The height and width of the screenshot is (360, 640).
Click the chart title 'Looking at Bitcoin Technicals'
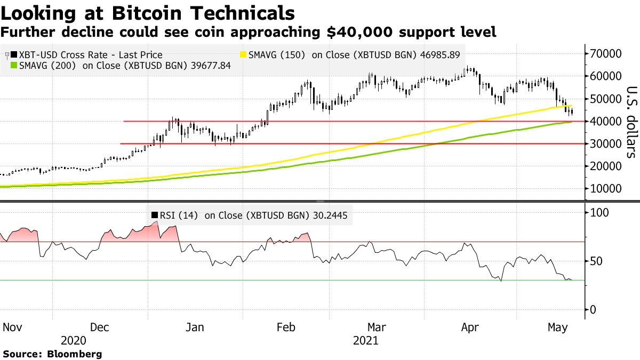148,12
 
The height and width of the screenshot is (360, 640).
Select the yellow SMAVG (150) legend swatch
244,55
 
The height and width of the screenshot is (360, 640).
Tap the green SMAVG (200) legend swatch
13,66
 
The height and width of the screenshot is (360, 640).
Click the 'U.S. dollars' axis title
631,122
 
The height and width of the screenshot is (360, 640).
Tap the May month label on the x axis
558,327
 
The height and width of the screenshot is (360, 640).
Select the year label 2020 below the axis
73,340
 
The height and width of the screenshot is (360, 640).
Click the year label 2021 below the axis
366,340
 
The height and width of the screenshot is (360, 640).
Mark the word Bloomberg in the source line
75,354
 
